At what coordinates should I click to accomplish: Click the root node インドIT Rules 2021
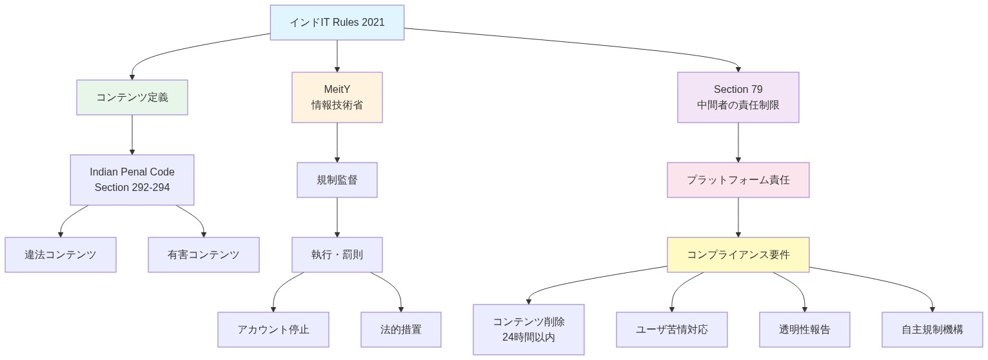tap(337, 23)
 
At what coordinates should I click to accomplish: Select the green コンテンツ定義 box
tap(132, 97)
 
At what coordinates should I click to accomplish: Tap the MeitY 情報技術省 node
tap(337, 97)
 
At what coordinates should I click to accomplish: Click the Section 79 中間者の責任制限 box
tap(738, 97)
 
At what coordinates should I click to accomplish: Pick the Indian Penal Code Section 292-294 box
tap(132, 180)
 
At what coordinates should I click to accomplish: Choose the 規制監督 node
tap(337, 180)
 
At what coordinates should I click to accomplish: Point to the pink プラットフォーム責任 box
tap(738, 180)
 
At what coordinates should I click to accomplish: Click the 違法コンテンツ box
tap(61, 255)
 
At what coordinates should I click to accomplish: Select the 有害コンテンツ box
tap(204, 255)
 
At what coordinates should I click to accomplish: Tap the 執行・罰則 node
tap(337, 255)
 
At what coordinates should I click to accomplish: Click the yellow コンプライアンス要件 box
tap(738, 255)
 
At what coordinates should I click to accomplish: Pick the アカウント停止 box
tap(273, 330)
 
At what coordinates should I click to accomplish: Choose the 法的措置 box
tap(401, 330)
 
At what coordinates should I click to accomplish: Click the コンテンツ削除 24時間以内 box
tap(529, 330)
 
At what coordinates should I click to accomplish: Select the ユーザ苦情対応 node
tap(672, 330)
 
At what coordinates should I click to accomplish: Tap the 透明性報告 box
tap(805, 330)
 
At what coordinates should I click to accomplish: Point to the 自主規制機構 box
tap(933, 330)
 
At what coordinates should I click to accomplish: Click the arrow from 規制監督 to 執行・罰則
tap(337, 217)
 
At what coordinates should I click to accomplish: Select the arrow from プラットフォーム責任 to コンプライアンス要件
tap(738, 217)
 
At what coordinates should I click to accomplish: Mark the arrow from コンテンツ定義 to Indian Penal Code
tap(132, 135)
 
